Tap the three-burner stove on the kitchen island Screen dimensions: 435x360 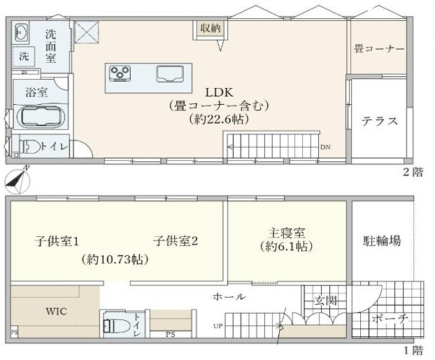(x=120, y=73)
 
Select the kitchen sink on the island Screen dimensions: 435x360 (x=170, y=74)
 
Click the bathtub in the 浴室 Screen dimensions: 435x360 (x=41, y=117)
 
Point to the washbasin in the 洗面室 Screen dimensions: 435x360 (x=21, y=34)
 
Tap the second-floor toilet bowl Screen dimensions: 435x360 (x=29, y=146)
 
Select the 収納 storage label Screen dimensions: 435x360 (x=211, y=28)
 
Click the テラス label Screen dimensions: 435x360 (x=379, y=121)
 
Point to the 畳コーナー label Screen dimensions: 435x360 (x=379, y=49)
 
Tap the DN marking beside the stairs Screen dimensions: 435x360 (x=326, y=147)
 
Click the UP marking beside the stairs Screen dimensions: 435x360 (x=218, y=326)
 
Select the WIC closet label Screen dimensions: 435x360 (x=57, y=311)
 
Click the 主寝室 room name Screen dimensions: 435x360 (x=287, y=233)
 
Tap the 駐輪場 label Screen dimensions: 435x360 (x=382, y=240)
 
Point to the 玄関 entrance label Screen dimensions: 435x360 (x=326, y=301)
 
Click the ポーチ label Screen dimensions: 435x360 (x=390, y=319)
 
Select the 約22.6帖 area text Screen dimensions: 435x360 (x=219, y=120)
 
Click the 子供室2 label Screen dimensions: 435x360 (x=176, y=240)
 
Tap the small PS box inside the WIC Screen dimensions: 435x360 (x=15, y=332)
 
